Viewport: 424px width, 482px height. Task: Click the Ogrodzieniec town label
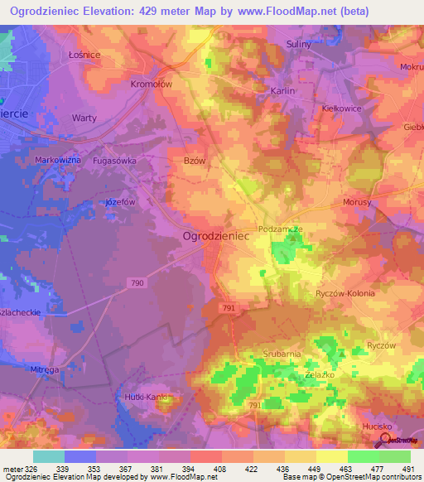pos(215,236)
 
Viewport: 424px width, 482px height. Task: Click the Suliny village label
pos(299,45)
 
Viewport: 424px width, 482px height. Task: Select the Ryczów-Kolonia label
pos(346,293)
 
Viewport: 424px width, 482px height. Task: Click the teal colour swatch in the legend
pos(47,456)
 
